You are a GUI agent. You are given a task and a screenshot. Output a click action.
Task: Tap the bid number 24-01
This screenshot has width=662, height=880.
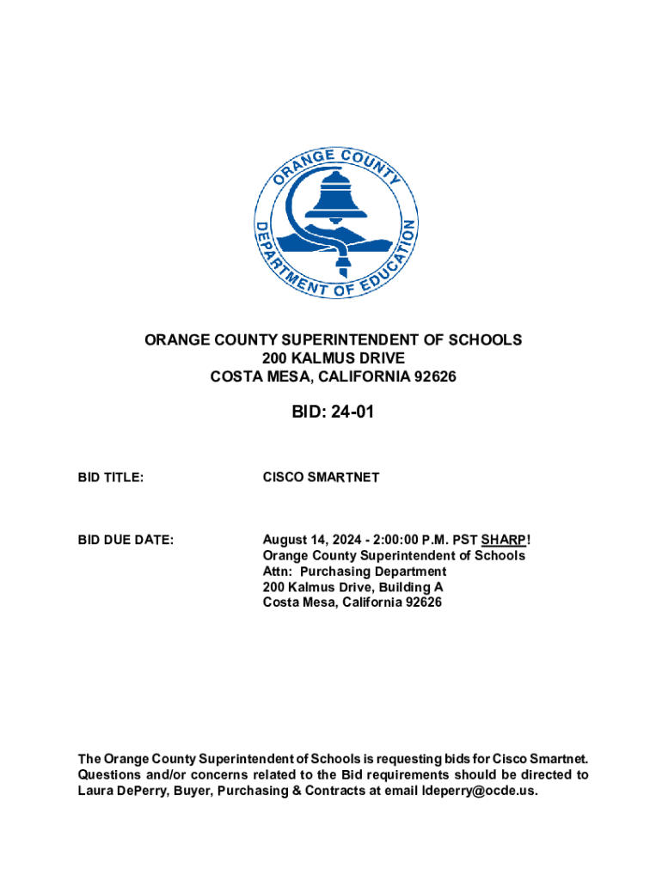[349, 413]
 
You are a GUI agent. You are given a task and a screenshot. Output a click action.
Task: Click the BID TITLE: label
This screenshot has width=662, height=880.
[110, 477]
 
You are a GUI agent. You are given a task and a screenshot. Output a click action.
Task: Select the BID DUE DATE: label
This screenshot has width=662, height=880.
[126, 540]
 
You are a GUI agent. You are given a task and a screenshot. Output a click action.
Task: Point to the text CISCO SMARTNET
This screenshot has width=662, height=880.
[321, 477]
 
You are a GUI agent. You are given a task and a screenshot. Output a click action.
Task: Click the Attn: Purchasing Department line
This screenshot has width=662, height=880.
[354, 571]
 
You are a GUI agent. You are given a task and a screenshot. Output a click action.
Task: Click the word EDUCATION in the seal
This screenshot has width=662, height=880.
[391, 258]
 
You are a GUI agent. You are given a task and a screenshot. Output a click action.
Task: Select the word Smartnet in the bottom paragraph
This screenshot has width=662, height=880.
[558, 759]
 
